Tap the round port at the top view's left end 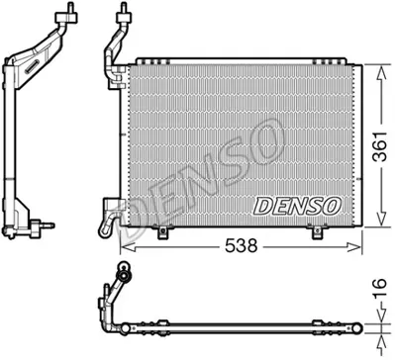click(x=123, y=269)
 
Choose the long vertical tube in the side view click(x=12, y=148)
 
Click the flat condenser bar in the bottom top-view click(x=247, y=325)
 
